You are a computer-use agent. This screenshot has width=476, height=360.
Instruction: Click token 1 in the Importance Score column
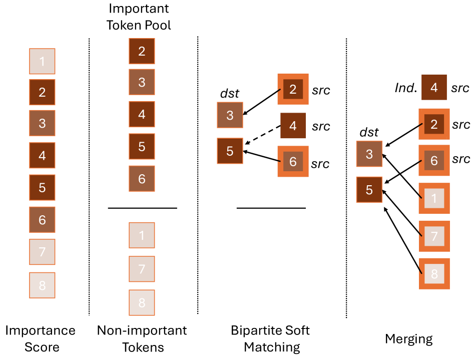coord(42,61)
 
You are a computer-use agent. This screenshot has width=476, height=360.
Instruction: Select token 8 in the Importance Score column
coord(42,285)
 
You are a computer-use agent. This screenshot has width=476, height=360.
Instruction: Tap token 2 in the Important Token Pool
coord(142,51)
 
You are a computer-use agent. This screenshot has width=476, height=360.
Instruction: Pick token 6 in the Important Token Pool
coord(142,179)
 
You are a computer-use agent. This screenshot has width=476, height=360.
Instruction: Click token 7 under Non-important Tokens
coord(142,269)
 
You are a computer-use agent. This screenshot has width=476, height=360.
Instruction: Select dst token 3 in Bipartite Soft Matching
coord(230,115)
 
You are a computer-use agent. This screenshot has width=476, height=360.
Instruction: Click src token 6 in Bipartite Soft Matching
coord(293,161)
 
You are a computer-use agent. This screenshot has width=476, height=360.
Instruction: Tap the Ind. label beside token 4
coord(405,88)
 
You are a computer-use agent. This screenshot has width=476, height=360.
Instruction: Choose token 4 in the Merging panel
coord(434,88)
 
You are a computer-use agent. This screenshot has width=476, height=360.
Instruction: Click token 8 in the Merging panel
coord(434,273)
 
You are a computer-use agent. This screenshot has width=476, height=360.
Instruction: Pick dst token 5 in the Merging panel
coord(369,190)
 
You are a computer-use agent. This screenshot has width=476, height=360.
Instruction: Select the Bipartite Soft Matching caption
coord(270,338)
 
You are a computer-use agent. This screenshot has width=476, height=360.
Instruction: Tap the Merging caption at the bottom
coord(408,339)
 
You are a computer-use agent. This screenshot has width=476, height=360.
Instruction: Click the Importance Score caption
coord(40,338)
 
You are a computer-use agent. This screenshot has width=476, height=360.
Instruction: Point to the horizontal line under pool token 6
coord(142,207)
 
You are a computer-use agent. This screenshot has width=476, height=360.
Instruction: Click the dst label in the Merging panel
coord(369,132)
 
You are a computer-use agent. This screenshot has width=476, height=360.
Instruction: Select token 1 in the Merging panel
coord(434,198)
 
